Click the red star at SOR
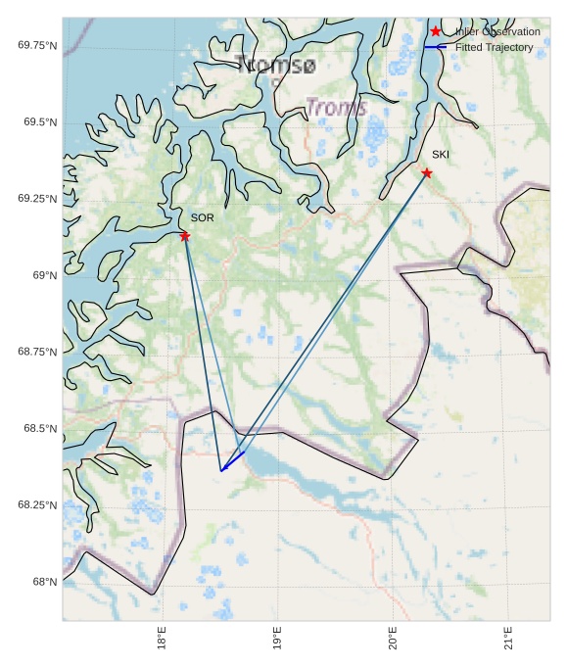[x=185, y=236]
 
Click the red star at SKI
[x=427, y=173]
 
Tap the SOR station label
[x=202, y=217]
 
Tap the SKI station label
[x=441, y=155]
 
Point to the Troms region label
[x=336, y=107]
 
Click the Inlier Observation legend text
[x=497, y=32]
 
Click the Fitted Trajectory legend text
[x=494, y=47]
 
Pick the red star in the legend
[x=436, y=31]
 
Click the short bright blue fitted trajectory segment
[x=233, y=461]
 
